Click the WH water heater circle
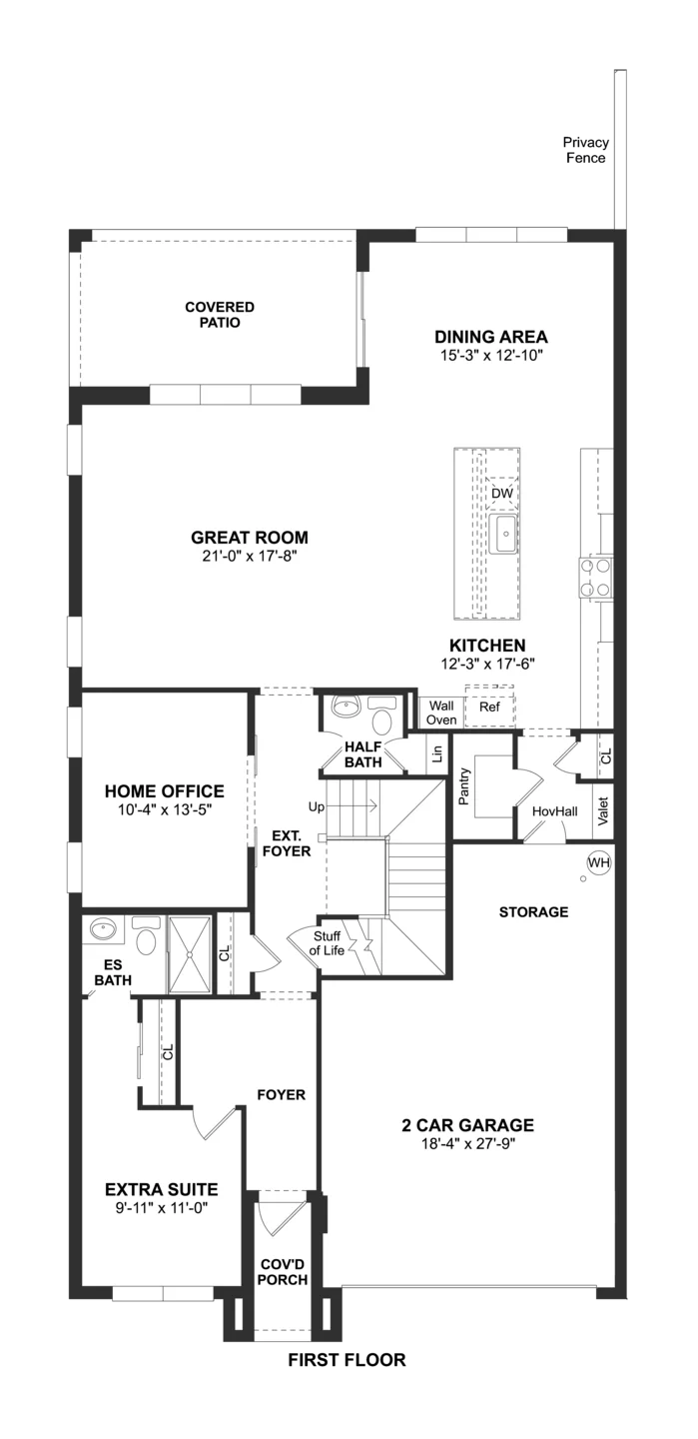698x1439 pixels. coord(598,862)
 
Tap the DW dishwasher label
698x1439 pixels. coord(502,494)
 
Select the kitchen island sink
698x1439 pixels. coord(506,534)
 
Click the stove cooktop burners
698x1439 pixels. coord(596,578)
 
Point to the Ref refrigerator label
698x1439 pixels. coord(489,707)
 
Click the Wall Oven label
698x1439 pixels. coord(441,713)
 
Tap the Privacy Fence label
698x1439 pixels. coord(585,150)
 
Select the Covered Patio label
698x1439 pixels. coord(220,315)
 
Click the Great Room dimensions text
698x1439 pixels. coord(250,556)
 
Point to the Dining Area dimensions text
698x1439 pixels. coord(491,356)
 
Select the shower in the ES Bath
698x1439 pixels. coord(189,954)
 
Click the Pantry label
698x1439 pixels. coord(464,786)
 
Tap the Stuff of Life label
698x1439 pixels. coord(327,943)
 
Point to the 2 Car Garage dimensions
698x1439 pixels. coord(468,1143)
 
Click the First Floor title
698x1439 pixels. coord(347,1360)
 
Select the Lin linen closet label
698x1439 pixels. coord(438,752)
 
